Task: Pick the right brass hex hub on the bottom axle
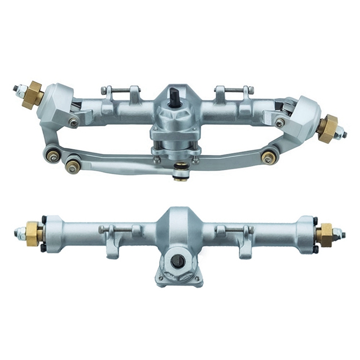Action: point(324,234)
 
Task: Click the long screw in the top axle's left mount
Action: point(119,93)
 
